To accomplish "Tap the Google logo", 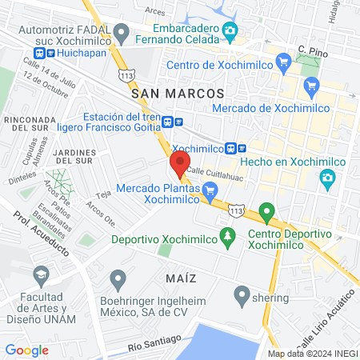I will point(26,350).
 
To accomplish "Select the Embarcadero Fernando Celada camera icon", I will point(230,31).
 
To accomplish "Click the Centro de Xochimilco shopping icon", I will point(282,61).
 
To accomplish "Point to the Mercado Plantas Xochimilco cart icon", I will point(210,190).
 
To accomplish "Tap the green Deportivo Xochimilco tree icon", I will point(228,237).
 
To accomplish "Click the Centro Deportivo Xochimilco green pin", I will point(266,212).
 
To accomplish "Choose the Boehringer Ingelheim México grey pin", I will point(118,279).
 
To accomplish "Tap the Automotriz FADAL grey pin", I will point(122,33).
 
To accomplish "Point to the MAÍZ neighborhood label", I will point(180,277).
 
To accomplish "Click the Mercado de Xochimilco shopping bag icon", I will point(311,83).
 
